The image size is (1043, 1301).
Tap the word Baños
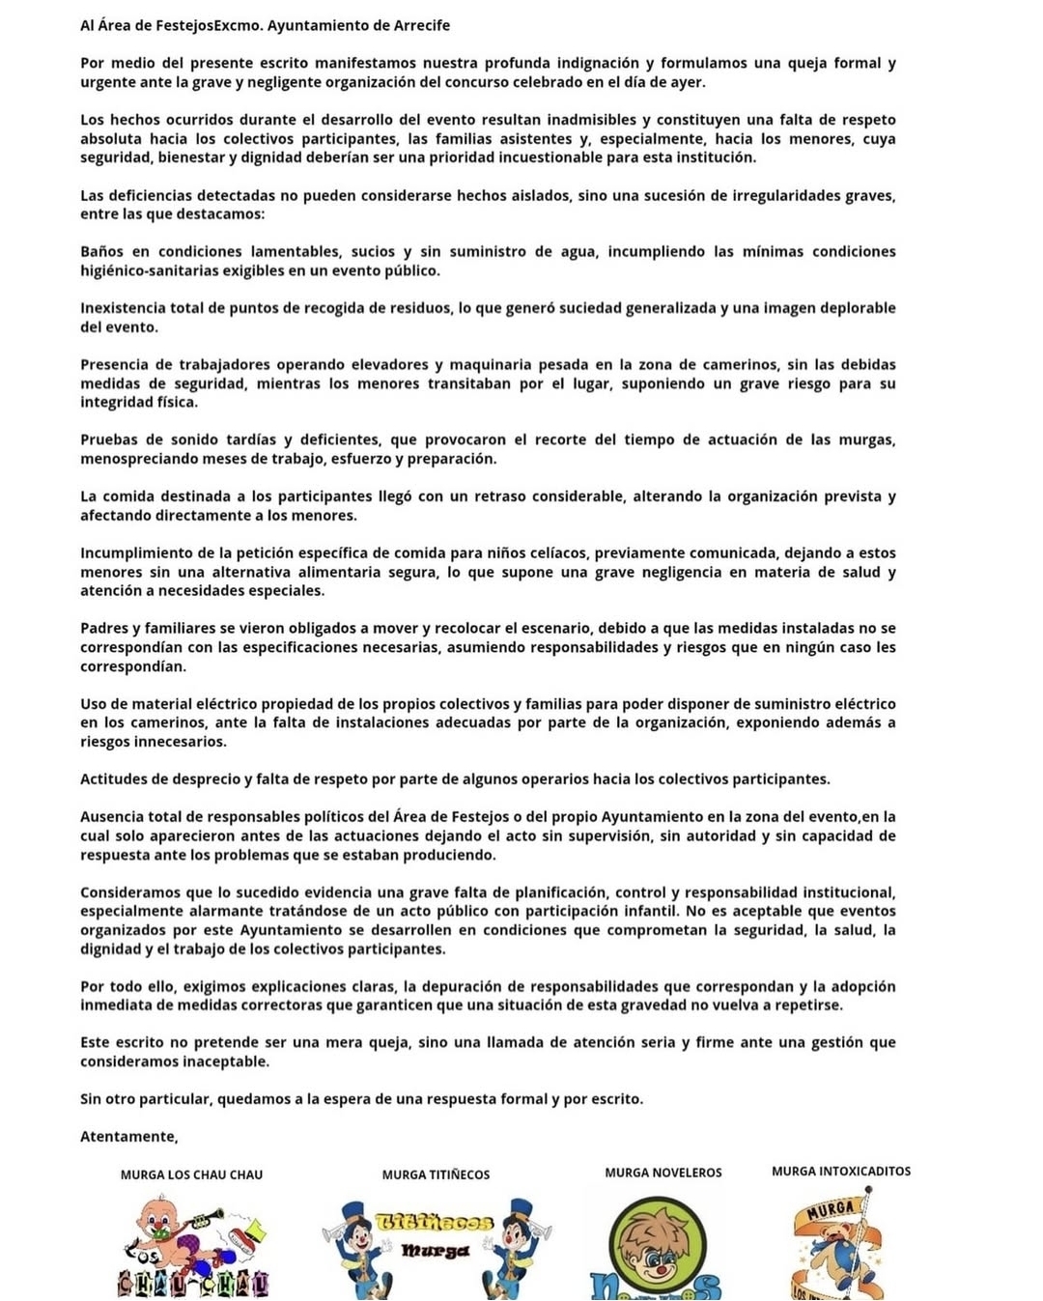102,251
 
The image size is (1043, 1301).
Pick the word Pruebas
108,439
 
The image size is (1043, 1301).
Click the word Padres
103,628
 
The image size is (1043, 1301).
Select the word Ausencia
112,816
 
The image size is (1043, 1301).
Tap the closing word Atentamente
128,1136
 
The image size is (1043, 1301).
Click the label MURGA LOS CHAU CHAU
191,1174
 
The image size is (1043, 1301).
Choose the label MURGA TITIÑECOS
436,1174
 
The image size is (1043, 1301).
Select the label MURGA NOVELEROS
663,1173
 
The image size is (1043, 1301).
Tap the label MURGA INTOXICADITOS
841,1171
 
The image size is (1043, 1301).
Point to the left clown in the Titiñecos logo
356,1247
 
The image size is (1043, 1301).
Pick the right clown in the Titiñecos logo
518,1245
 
